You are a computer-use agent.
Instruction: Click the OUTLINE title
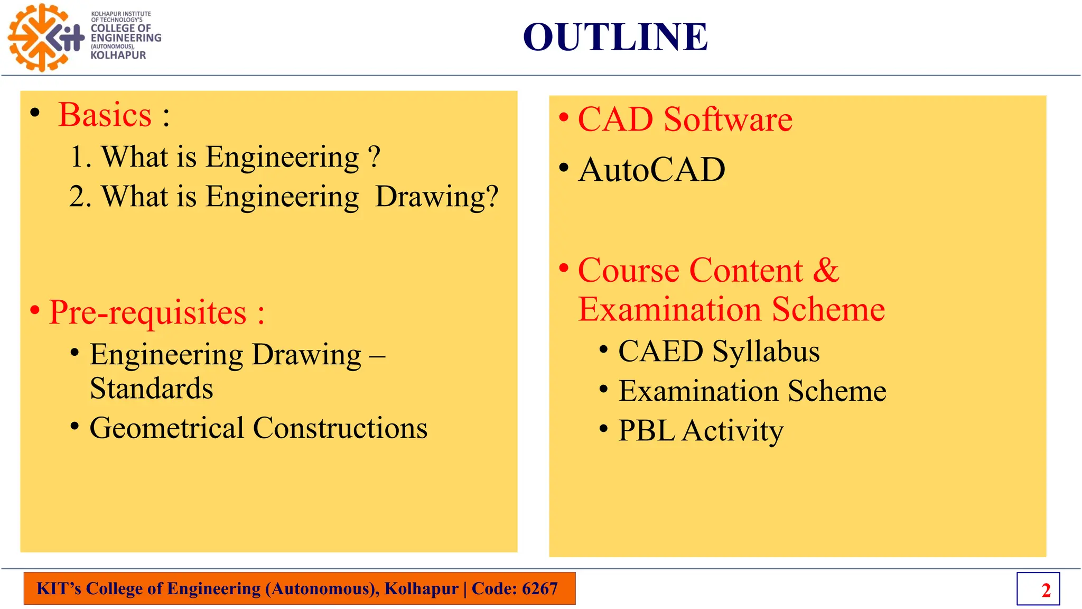pos(615,37)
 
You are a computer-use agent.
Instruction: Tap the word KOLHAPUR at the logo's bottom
pos(118,55)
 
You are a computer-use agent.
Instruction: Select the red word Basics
pos(105,115)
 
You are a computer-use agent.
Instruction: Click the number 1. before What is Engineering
pos(80,157)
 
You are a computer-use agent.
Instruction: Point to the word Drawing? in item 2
pos(436,197)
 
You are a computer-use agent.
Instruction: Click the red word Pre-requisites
pos(148,312)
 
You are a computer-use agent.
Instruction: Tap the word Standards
pos(152,389)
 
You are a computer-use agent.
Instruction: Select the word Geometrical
pos(167,428)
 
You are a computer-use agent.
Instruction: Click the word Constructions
pos(340,428)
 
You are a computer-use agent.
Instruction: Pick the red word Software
pos(727,119)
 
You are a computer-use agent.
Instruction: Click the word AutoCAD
pos(652,170)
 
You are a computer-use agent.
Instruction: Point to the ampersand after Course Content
pos(826,270)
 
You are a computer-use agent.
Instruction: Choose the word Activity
pos(733,431)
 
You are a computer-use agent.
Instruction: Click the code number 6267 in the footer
pos(539,588)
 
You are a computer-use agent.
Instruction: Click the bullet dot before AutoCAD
pos(564,168)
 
